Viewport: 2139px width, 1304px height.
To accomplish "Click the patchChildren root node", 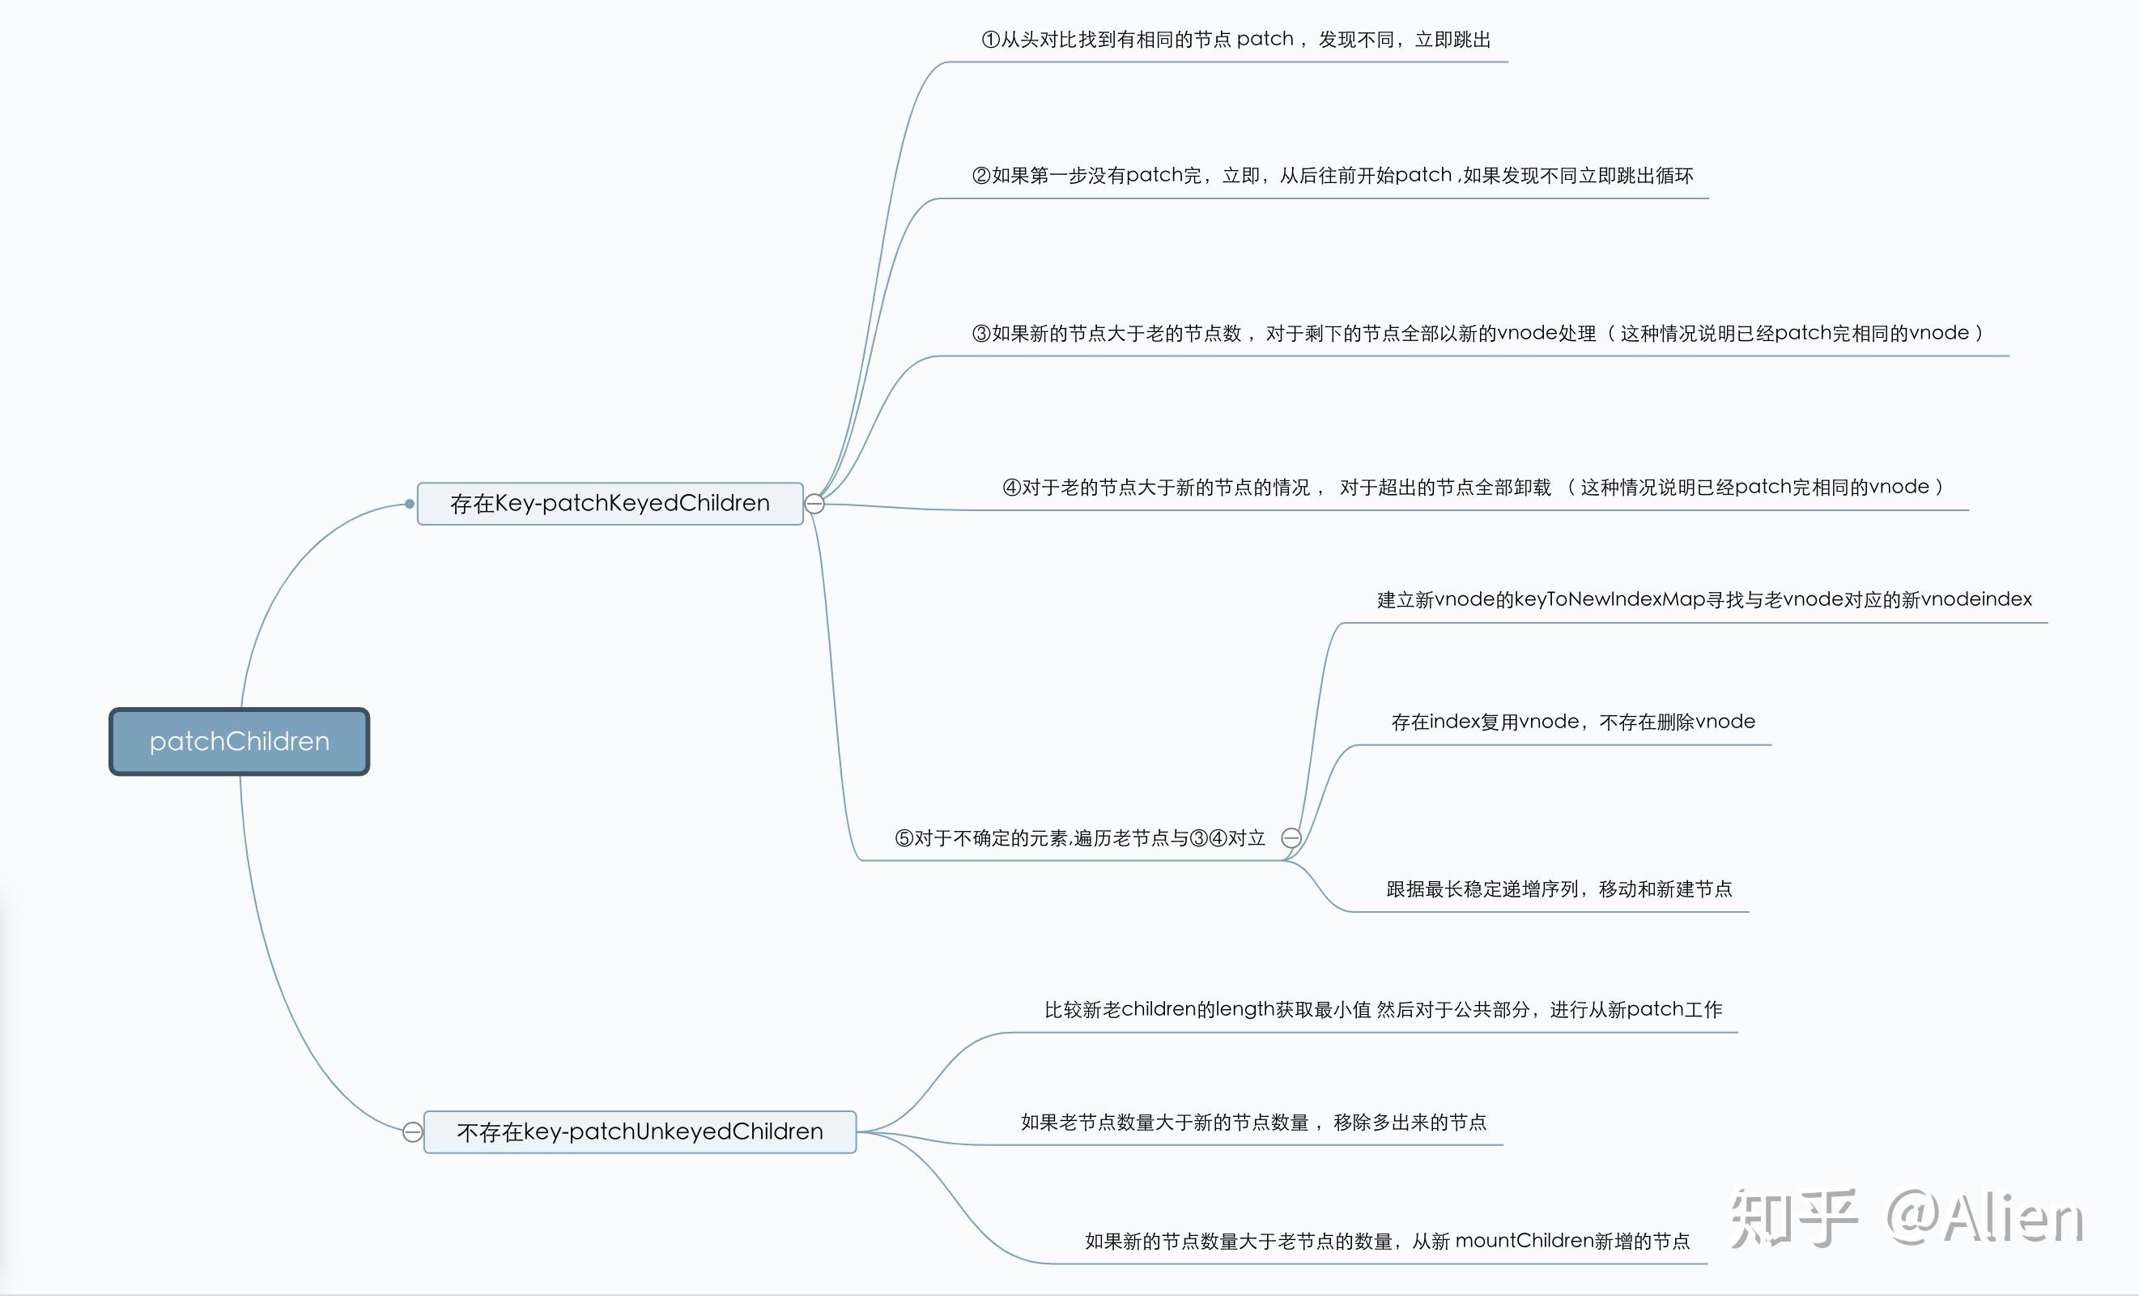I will [x=239, y=741].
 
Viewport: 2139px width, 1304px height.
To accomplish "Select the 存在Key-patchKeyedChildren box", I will [x=610, y=504].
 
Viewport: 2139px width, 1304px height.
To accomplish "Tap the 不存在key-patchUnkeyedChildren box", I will [x=640, y=1131].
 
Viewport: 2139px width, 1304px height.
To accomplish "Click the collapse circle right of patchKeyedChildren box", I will [x=814, y=504].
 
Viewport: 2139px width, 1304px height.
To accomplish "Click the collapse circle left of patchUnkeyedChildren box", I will [x=413, y=1131].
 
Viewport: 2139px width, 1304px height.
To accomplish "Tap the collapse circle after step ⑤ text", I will [x=1291, y=837].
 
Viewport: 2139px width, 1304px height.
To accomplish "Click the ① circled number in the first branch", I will [x=990, y=40].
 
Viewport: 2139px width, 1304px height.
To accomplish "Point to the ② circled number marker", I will [x=981, y=177].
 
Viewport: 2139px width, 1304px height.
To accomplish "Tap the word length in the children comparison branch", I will [x=1244, y=1009].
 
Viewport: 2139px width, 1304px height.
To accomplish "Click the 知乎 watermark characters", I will [x=1793, y=1218].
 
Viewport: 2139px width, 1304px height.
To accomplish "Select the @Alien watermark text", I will [x=1984, y=1218].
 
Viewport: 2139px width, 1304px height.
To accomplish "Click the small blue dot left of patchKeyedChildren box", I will [x=410, y=504].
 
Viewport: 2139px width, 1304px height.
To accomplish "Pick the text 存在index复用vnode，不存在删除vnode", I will [x=1572, y=722].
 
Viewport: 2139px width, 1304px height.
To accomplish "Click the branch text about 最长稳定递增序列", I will [x=1559, y=889].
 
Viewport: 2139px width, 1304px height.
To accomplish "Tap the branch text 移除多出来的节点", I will [x=1409, y=1123].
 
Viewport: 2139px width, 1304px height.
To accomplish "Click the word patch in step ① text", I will [x=1265, y=39].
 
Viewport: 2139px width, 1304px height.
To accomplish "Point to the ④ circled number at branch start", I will [x=1011, y=487].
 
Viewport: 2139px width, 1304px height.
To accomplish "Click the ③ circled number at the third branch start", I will [x=981, y=334].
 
